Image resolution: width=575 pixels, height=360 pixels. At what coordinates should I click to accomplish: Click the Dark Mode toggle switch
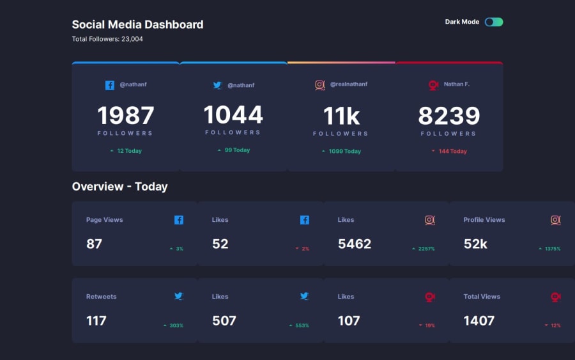(x=494, y=22)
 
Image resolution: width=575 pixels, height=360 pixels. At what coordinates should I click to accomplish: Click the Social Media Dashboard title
(x=137, y=24)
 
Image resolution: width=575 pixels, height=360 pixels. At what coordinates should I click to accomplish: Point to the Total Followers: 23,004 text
(x=107, y=39)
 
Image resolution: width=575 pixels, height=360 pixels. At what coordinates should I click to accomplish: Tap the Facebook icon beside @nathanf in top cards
(x=110, y=85)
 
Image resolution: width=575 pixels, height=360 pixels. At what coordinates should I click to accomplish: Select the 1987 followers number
(x=126, y=115)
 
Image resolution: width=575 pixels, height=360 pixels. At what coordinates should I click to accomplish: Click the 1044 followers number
(x=233, y=114)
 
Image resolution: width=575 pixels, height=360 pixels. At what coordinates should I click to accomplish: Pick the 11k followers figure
(x=341, y=116)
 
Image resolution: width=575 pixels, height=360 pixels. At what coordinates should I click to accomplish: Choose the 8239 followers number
(x=449, y=116)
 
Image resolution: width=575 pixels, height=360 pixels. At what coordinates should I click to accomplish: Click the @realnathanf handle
(x=349, y=84)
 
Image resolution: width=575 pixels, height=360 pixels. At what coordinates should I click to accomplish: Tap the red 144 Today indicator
(x=449, y=151)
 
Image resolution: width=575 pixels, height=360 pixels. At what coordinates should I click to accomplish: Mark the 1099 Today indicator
(x=341, y=151)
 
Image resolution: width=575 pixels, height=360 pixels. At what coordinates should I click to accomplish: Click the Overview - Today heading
(x=119, y=187)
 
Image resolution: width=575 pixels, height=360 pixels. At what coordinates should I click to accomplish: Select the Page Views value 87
(x=95, y=244)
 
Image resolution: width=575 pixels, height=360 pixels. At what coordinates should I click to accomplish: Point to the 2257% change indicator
(x=424, y=249)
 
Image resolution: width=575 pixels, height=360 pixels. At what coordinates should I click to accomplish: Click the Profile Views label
(x=484, y=220)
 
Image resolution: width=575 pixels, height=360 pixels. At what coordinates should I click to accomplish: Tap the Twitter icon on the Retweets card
(x=179, y=296)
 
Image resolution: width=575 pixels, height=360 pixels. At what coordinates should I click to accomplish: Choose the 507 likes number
(x=224, y=321)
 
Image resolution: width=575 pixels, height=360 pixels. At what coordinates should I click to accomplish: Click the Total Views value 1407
(x=479, y=321)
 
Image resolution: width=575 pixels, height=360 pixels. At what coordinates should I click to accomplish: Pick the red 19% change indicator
(x=427, y=325)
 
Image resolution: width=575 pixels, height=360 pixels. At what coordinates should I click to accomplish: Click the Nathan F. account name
(x=457, y=84)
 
